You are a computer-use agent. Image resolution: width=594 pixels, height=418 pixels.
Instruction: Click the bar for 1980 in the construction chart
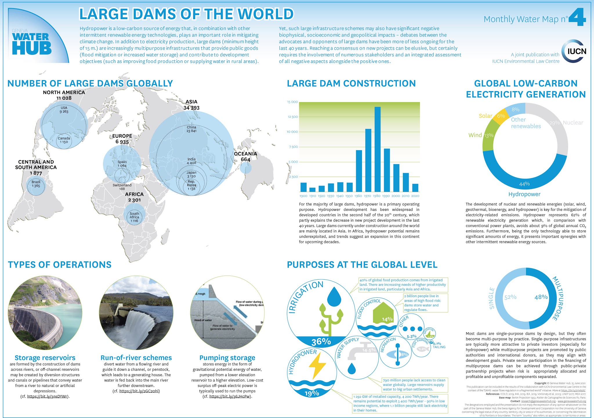coord(377,149)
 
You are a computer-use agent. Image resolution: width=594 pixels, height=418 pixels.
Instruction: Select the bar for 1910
coord(312,190)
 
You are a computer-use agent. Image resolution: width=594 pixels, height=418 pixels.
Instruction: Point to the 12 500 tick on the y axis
coord(292,117)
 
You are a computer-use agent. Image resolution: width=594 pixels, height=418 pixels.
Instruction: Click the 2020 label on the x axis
coord(415,196)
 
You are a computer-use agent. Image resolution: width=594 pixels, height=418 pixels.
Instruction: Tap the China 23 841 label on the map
coord(191,129)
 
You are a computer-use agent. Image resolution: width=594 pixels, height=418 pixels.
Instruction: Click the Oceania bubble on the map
coord(246,168)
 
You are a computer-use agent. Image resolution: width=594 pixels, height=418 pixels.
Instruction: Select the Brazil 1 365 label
coord(36,184)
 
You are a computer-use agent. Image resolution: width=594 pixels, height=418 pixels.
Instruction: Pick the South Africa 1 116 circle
coord(134,217)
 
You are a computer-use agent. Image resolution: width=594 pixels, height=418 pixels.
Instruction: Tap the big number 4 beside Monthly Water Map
coord(577,17)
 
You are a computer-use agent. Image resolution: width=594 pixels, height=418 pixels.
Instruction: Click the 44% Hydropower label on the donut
coord(524,184)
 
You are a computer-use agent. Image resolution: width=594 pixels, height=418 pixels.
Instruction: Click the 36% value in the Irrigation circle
coord(321,342)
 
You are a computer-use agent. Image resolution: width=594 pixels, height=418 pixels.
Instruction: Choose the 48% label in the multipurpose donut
coord(541,297)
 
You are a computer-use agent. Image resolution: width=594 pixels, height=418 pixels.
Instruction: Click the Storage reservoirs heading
coord(45,358)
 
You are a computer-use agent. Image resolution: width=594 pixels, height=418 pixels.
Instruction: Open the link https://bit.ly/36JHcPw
coord(230,397)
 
